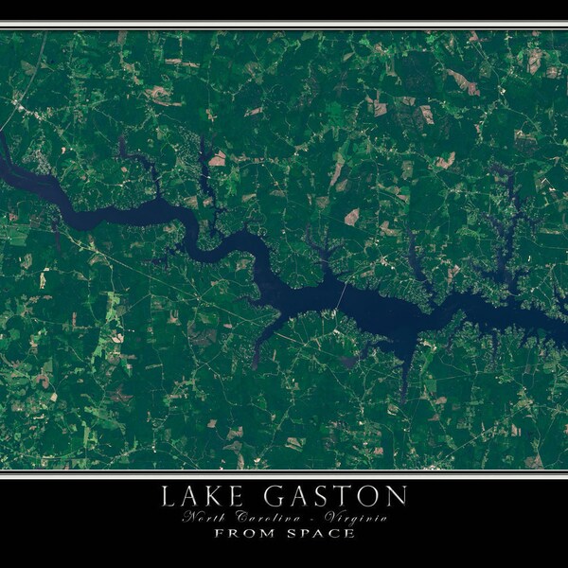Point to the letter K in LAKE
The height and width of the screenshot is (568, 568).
214,495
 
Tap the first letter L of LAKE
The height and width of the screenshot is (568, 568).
169,495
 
